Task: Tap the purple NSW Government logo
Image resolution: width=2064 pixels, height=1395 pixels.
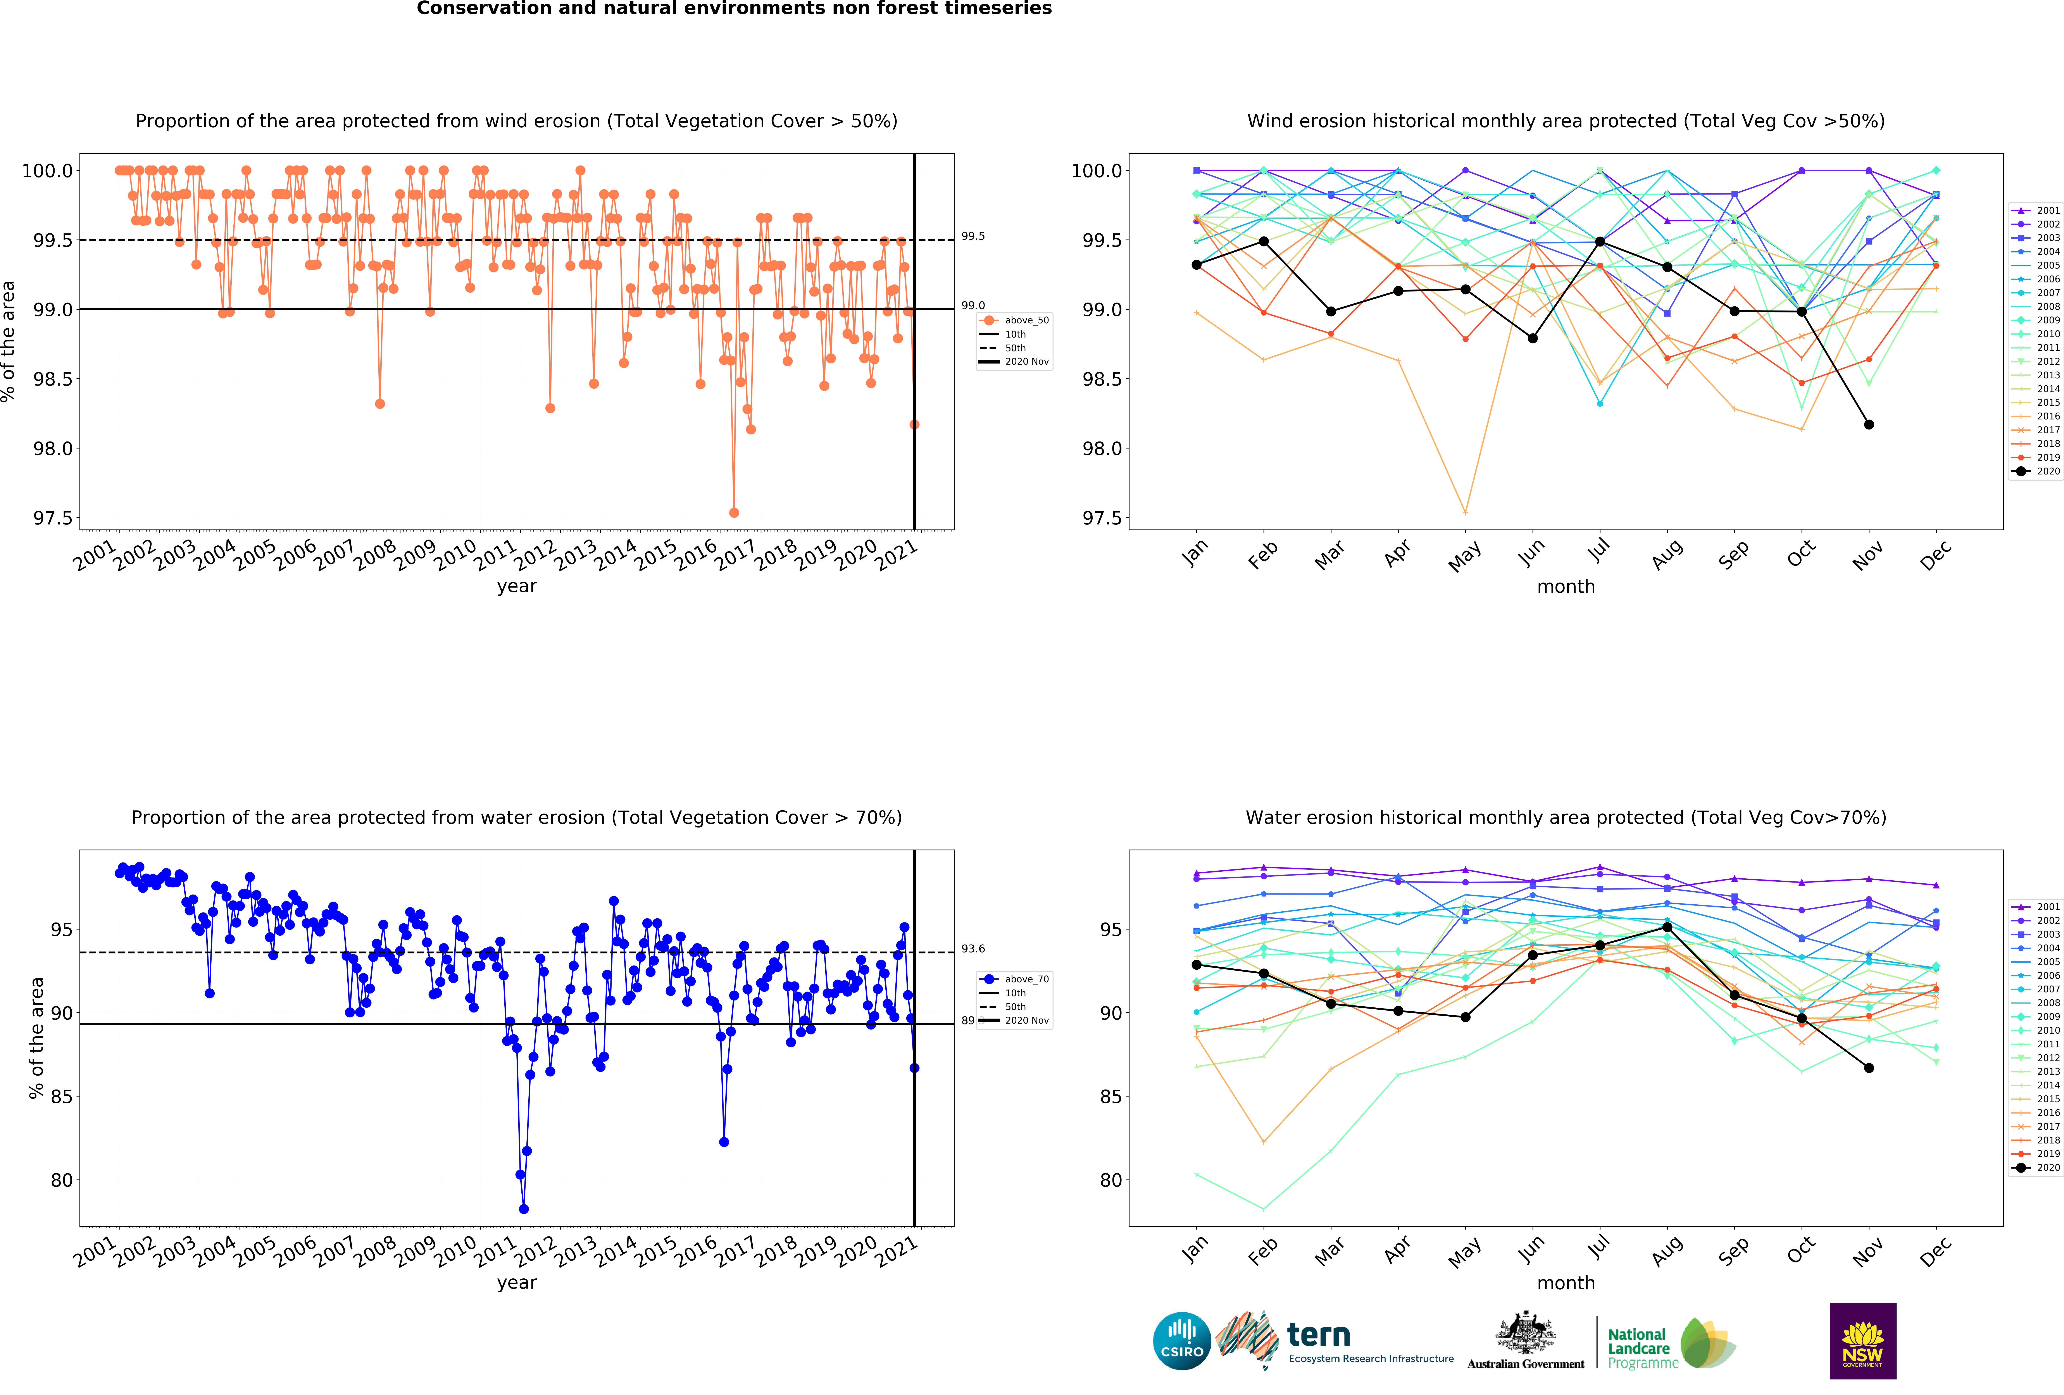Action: click(1862, 1341)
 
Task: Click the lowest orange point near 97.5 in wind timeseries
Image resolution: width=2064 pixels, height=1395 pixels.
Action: click(734, 512)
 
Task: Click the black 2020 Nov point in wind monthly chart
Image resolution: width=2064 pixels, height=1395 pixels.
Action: click(1869, 424)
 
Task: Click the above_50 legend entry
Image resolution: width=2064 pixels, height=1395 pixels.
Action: click(1014, 321)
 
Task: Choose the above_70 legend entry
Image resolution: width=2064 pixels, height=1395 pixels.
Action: click(1014, 979)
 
